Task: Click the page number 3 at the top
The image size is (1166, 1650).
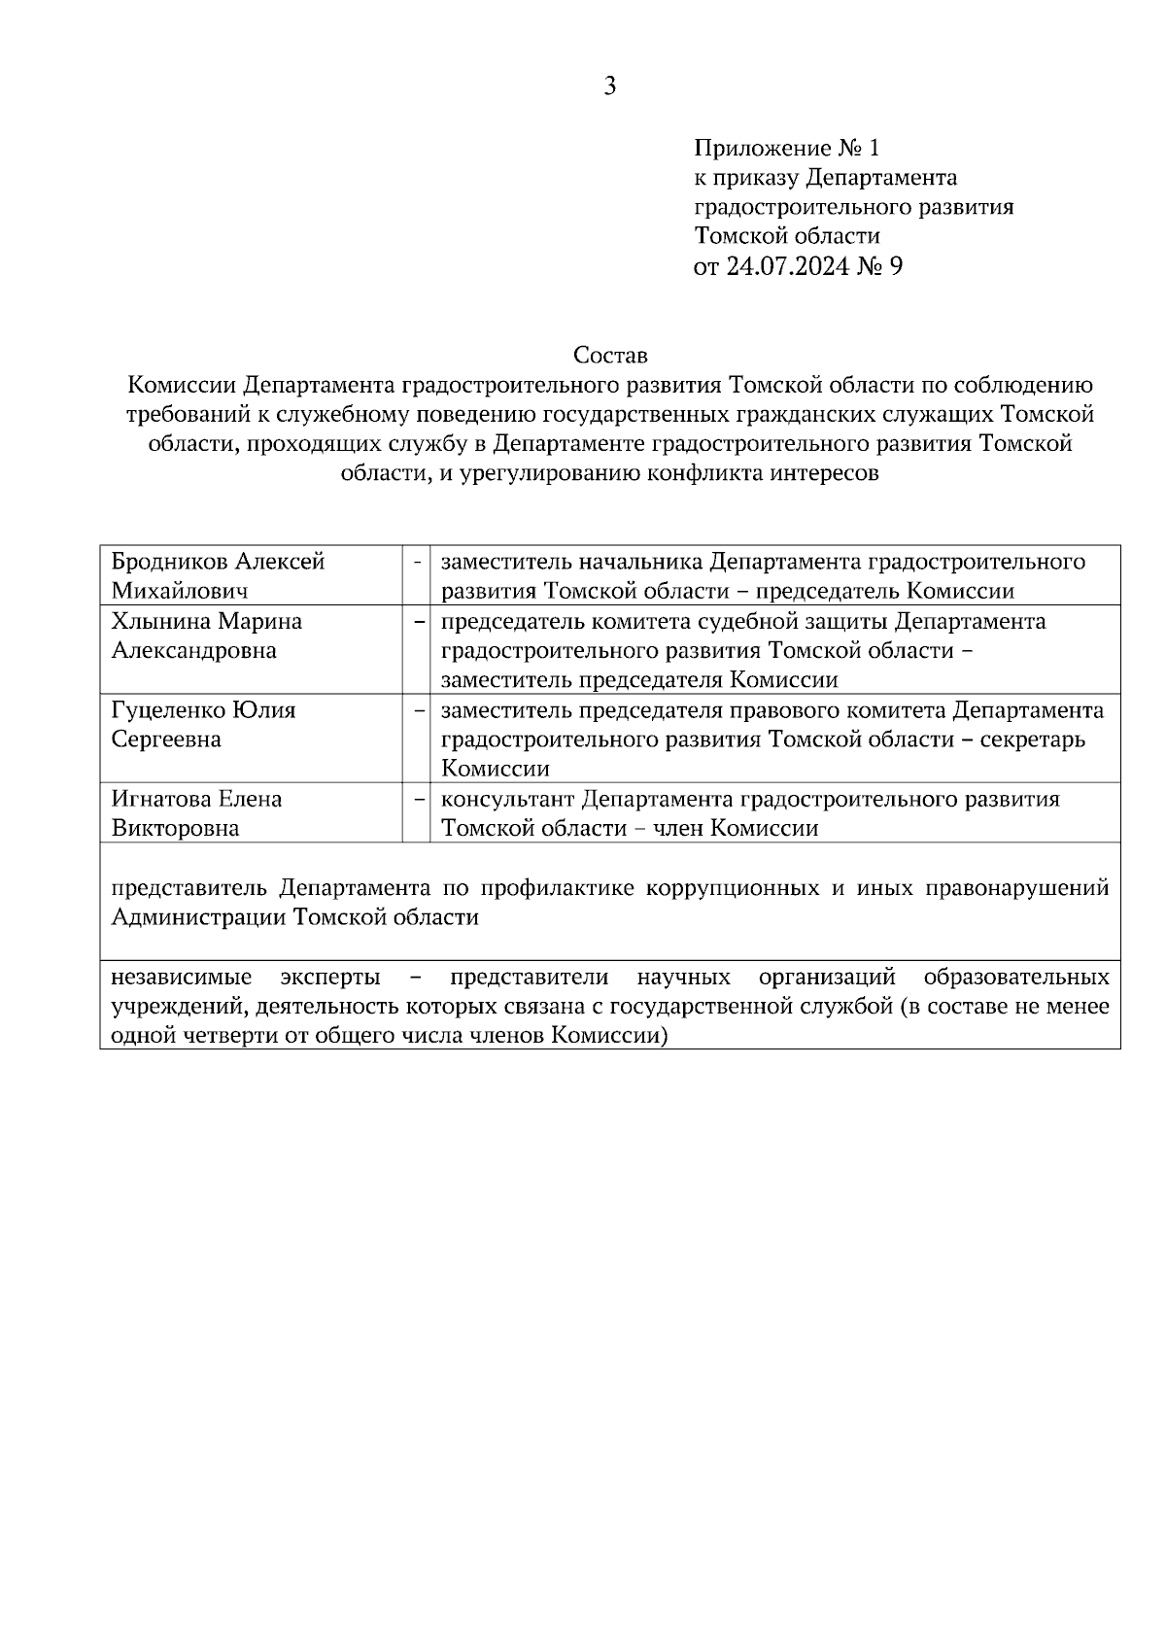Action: [609, 86]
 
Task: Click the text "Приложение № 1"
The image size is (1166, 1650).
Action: [786, 148]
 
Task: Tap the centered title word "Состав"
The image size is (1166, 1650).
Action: [609, 355]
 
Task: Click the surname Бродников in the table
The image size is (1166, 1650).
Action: [170, 562]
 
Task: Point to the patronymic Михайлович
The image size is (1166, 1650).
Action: [180, 591]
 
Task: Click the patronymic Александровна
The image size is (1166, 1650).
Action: [194, 650]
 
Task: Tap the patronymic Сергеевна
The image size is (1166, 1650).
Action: [166, 739]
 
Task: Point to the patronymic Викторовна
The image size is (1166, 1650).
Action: [175, 829]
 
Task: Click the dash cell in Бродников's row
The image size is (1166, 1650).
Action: [417, 563]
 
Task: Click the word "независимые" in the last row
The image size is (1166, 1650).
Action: [182, 977]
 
